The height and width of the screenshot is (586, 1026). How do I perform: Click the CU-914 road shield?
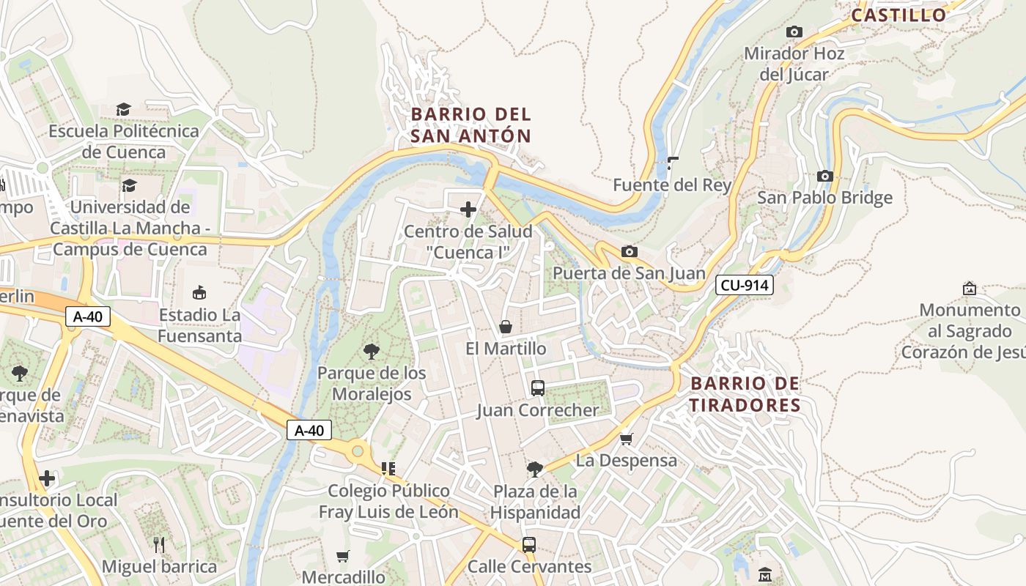coord(745,286)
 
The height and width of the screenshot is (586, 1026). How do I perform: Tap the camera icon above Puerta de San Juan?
coord(629,252)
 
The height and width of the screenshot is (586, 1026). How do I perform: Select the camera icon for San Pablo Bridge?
coord(824,177)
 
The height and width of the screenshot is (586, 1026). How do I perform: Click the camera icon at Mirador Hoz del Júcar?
coord(794,32)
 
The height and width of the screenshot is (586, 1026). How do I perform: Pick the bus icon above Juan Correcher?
coord(537,388)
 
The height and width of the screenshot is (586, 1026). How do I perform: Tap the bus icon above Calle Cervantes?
coord(528,545)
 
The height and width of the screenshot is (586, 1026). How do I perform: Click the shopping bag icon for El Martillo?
coord(506,327)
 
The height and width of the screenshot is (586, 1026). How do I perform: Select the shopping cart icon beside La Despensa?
coord(626,439)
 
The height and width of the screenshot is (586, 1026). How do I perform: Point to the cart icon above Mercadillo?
coord(342,556)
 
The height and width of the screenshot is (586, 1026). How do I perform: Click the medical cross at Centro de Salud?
coord(468,210)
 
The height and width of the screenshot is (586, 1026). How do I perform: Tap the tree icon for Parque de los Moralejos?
coord(372,352)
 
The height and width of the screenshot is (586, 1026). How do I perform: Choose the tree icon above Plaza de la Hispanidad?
coord(535,469)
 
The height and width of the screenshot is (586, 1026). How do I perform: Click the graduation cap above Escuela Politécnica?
coord(123,110)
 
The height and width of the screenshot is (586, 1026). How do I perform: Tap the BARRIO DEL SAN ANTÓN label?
coord(470,125)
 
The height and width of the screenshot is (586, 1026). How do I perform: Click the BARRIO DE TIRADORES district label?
coord(745,395)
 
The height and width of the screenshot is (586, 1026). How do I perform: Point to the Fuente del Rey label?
coord(672,185)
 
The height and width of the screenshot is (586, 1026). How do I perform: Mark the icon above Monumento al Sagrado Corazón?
coord(969,289)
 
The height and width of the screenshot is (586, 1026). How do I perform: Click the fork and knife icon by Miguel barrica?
coord(159,544)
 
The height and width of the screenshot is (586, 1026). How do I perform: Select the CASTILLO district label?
coord(898,15)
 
